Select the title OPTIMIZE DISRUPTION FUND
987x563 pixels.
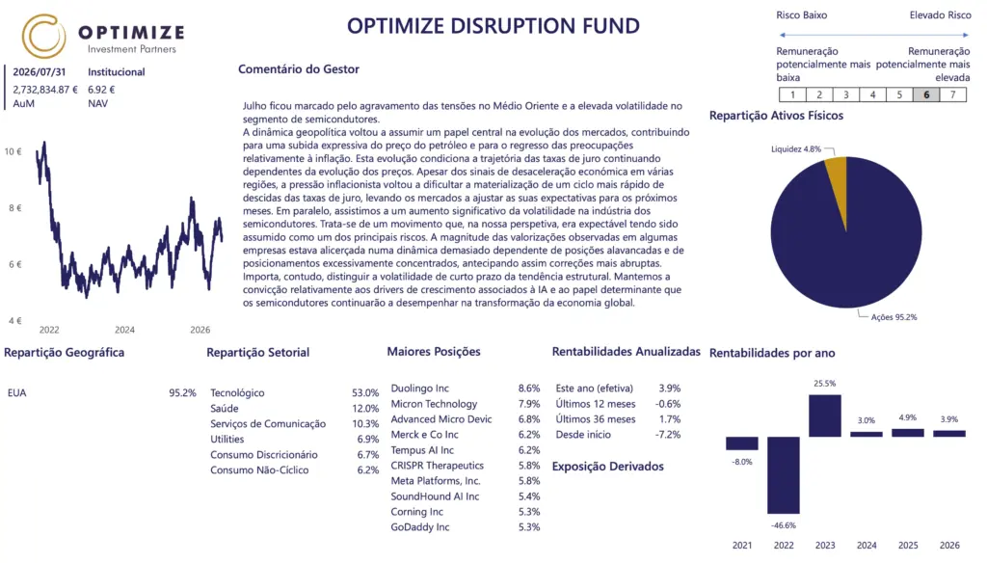493,26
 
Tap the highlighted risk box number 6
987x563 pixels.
926,94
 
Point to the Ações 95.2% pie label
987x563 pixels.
894,317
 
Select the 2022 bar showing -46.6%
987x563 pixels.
783,475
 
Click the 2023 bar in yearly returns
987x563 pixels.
825,416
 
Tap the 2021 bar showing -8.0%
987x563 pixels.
741,443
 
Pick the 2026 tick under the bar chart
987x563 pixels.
949,546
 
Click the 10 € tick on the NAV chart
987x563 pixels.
13,151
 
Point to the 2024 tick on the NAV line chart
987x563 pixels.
124,330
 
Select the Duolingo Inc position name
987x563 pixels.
420,389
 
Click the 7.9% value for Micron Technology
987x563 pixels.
529,404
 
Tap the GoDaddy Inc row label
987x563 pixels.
420,527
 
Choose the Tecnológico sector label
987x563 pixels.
237,393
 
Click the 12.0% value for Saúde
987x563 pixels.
365,409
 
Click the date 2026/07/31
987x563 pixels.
39,72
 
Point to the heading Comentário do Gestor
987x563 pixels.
299,69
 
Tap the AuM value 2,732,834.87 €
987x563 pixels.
45,90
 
